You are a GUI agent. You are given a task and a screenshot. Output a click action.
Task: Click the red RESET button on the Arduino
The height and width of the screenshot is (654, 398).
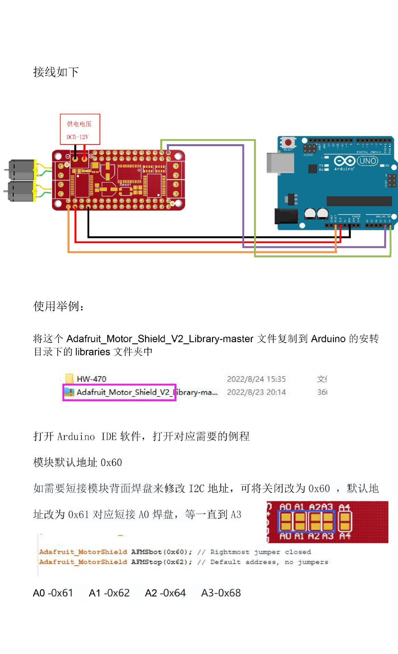coord(288,142)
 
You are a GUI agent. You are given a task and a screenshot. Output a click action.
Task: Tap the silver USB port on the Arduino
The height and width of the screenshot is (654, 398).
coord(280,162)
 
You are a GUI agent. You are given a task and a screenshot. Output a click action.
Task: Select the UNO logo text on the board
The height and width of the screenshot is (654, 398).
coord(368,161)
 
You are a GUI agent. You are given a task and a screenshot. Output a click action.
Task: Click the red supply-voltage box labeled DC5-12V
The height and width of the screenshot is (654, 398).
coord(80,129)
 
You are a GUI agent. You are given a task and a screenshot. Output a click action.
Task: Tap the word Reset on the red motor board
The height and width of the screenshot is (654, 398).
coord(125,185)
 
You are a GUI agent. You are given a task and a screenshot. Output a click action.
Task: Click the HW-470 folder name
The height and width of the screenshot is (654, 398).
coord(91,379)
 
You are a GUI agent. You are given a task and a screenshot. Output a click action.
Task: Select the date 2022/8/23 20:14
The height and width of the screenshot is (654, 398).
coord(256,392)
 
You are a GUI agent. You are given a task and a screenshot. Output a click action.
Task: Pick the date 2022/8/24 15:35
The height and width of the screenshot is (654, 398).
coord(256,379)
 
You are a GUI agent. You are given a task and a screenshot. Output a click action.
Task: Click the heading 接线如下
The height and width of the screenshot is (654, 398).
coord(56,72)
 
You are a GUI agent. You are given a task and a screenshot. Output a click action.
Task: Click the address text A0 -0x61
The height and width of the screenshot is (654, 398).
coord(53,593)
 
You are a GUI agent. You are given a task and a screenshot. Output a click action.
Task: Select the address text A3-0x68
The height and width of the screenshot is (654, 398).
coord(221,593)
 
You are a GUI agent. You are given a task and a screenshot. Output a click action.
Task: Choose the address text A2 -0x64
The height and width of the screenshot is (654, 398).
coord(165,593)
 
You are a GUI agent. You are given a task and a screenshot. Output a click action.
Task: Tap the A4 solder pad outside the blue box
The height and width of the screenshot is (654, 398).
coord(345,521)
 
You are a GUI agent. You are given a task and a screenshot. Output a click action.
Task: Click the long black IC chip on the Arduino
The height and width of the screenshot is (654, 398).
coord(359,201)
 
